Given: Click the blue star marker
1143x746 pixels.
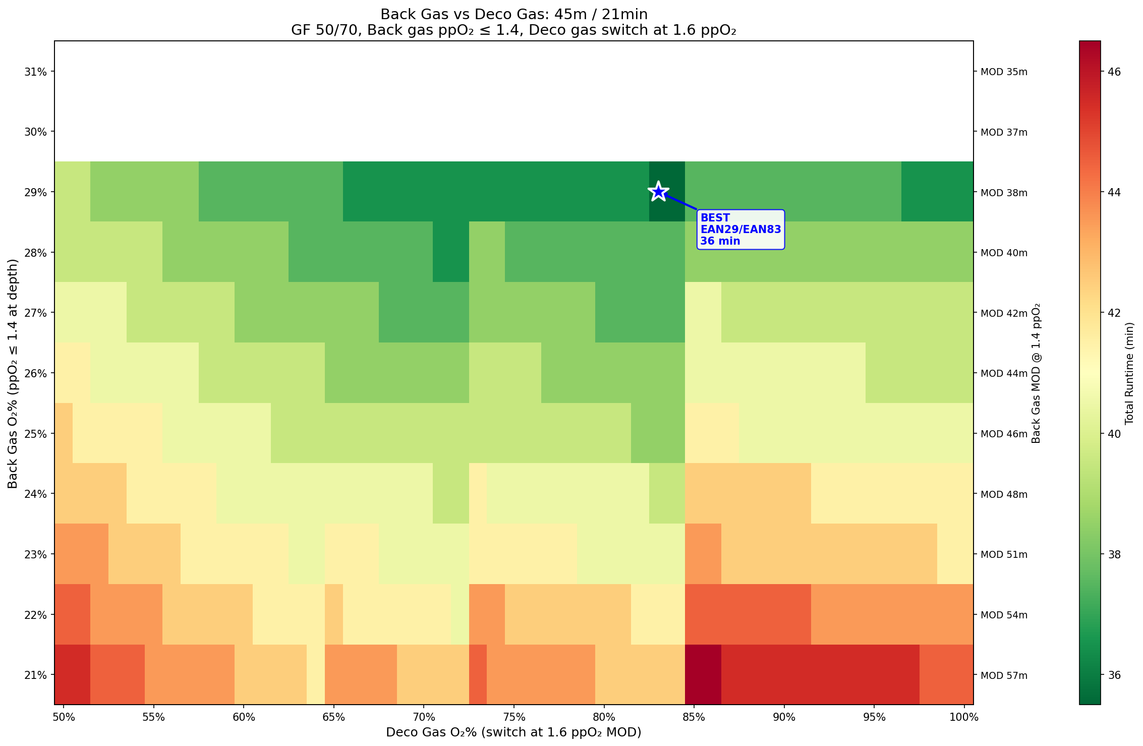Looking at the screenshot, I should coord(658,192).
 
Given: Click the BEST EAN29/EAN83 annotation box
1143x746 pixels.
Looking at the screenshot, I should coord(740,229).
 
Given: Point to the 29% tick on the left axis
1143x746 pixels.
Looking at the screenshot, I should coord(36,192).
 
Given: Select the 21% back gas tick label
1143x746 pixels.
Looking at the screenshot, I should coord(36,675).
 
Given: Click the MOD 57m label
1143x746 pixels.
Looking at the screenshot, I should coord(1004,675).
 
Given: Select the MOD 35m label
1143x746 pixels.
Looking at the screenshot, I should coord(1004,72).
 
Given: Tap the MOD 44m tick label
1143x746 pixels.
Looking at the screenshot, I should coord(1004,374).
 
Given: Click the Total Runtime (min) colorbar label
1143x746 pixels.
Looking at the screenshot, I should coord(1129,373).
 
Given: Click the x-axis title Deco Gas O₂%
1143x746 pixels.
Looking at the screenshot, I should coord(513,732).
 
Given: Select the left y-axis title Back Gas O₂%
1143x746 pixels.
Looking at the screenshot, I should coord(13,373).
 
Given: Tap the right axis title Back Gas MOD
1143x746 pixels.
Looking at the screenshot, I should coord(1036,373).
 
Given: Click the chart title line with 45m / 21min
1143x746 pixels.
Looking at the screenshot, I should coord(513,14).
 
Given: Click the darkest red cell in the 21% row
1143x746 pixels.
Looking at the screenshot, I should coord(703,675).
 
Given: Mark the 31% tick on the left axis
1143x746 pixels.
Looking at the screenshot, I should coord(36,72).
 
